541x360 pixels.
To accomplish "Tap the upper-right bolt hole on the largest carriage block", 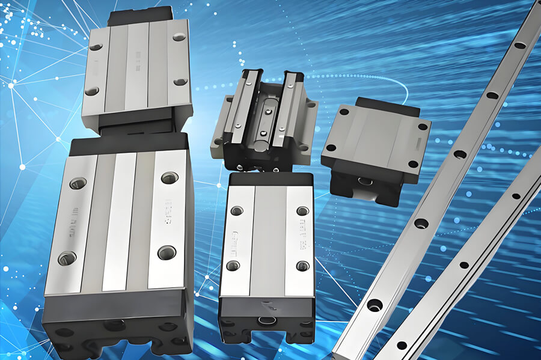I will point(170,177).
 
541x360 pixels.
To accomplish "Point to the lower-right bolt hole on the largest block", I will point(167,252).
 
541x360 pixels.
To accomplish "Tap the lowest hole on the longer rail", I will point(374,305).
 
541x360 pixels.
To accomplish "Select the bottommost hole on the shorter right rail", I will point(401,345).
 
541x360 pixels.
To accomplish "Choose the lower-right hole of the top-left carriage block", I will point(179,82).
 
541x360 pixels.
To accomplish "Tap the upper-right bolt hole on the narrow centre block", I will point(302,211).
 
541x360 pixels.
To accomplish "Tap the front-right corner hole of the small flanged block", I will point(413,163).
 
